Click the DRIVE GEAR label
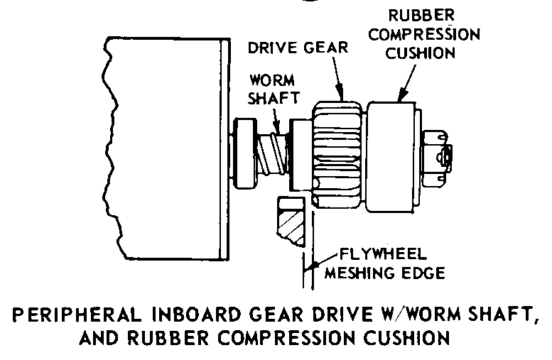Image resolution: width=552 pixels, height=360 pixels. click(297, 48)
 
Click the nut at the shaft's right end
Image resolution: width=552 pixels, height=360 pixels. click(438, 153)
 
